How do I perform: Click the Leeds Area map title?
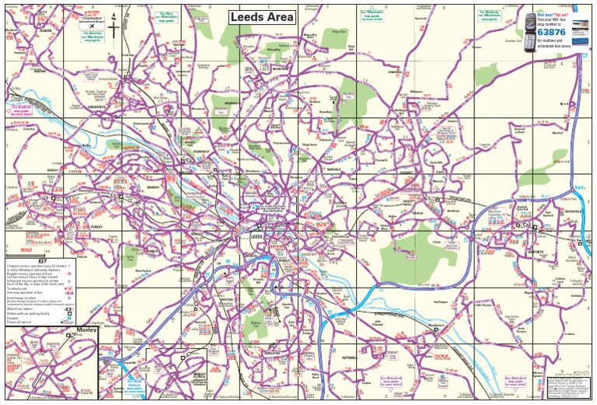point(262,17)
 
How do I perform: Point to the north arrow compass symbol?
point(114,27)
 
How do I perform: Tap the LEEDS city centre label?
point(257,239)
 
